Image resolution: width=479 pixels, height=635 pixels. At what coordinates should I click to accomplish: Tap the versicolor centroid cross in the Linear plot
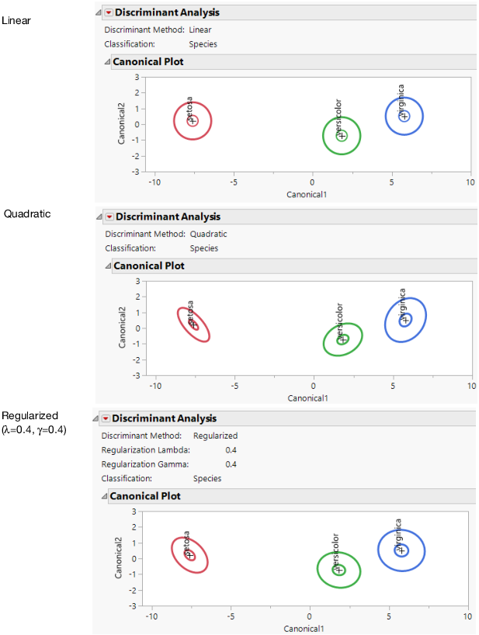[342, 135]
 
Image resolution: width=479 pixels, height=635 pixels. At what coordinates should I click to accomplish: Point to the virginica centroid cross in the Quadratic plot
[404, 319]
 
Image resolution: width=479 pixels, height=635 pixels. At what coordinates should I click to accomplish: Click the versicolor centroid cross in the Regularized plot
[338, 570]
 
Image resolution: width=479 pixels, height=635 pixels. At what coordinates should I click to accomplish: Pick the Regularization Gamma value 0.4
[231, 464]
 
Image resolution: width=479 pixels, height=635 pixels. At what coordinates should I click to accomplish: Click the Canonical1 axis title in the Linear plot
[307, 193]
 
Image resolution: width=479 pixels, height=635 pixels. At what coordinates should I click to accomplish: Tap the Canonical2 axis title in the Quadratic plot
[123, 328]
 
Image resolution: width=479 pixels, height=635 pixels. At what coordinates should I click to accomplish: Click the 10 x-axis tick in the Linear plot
[470, 182]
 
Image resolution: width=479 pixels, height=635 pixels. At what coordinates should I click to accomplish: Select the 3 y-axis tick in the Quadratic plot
[137, 281]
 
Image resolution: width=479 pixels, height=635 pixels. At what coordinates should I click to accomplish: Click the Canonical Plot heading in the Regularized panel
[145, 496]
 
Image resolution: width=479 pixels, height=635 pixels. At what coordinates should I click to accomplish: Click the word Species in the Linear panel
[203, 44]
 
